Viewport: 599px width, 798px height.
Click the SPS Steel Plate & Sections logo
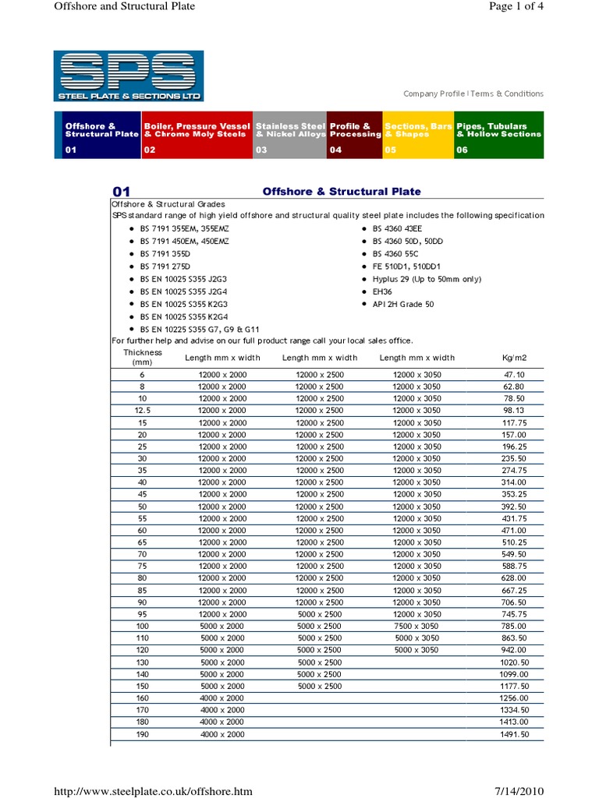tap(129, 76)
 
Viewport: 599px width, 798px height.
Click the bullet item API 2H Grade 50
tap(403, 304)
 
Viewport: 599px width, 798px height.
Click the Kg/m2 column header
tap(515, 358)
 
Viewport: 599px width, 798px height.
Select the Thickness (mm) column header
tap(142, 358)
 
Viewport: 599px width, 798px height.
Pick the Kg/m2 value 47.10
tap(515, 375)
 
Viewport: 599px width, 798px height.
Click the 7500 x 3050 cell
tap(417, 626)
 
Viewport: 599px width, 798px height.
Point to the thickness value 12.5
tap(142, 410)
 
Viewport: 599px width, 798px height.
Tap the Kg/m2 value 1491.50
tap(515, 734)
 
